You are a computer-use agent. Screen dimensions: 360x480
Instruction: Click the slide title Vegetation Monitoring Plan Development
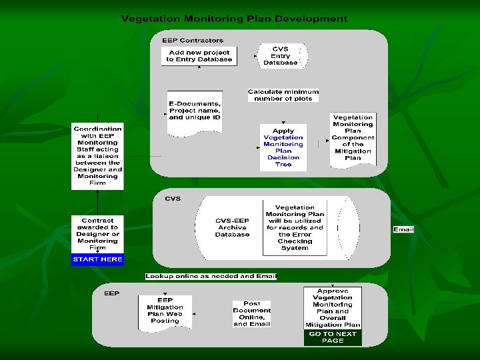234,19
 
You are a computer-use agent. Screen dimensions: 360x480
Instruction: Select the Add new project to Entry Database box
199,56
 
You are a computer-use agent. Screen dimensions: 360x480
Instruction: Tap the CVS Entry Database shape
281,56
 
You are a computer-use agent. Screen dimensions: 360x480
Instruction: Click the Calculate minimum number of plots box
283,95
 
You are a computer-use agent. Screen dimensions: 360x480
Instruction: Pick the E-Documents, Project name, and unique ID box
195,111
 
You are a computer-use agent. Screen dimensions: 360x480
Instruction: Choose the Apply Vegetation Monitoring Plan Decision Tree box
283,147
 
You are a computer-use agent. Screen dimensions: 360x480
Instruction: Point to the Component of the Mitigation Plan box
353,138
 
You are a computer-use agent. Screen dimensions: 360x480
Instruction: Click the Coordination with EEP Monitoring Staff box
98,156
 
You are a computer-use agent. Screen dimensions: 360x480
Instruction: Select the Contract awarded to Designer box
97,233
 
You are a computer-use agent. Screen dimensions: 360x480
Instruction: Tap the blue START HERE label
97,259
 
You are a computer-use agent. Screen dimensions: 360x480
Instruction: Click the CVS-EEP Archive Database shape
232,227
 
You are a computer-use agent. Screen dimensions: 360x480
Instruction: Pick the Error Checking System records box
295,227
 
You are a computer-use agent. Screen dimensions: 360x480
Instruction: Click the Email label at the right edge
403,229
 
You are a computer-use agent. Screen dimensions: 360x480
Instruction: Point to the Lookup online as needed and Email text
211,276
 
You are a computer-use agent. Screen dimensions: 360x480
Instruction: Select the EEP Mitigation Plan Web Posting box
165,311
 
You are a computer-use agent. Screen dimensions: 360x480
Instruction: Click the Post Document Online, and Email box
252,313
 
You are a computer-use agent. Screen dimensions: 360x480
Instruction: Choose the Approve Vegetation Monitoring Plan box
333,308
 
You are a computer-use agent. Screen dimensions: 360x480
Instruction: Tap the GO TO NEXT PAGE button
333,337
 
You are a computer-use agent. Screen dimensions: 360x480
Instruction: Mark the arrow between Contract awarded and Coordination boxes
98,202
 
